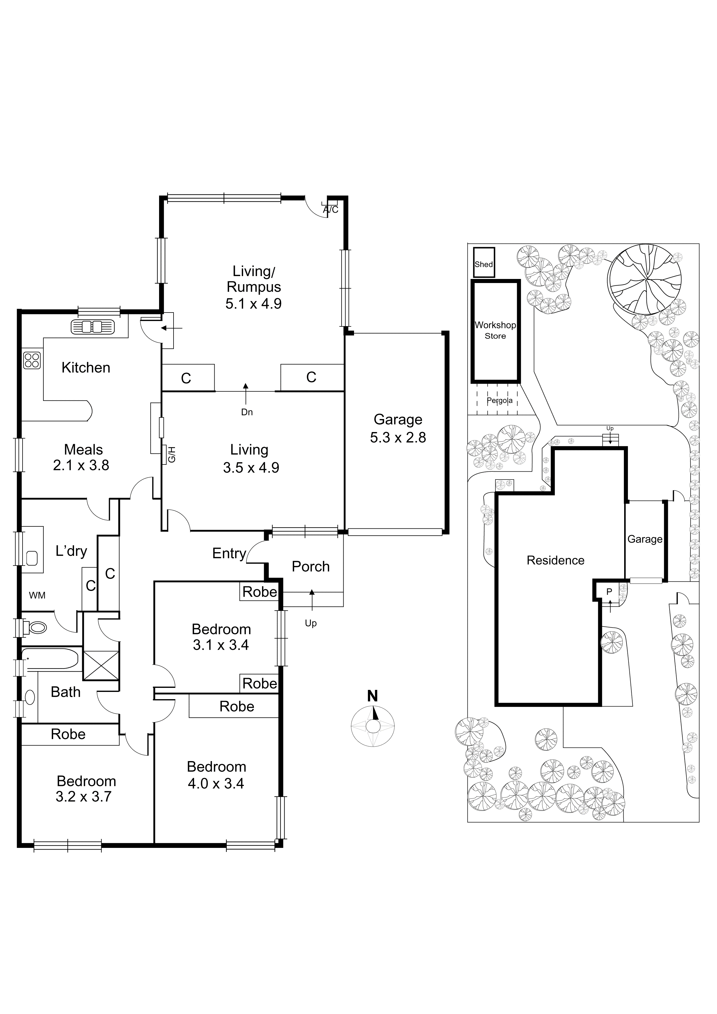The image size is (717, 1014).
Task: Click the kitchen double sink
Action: pyautogui.click(x=92, y=327)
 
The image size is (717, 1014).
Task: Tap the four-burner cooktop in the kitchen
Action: pyautogui.click(x=32, y=360)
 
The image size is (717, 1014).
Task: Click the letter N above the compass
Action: pyautogui.click(x=373, y=697)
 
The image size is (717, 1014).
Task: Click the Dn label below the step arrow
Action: pyautogui.click(x=247, y=412)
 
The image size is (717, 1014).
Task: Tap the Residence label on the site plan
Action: pyautogui.click(x=555, y=561)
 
